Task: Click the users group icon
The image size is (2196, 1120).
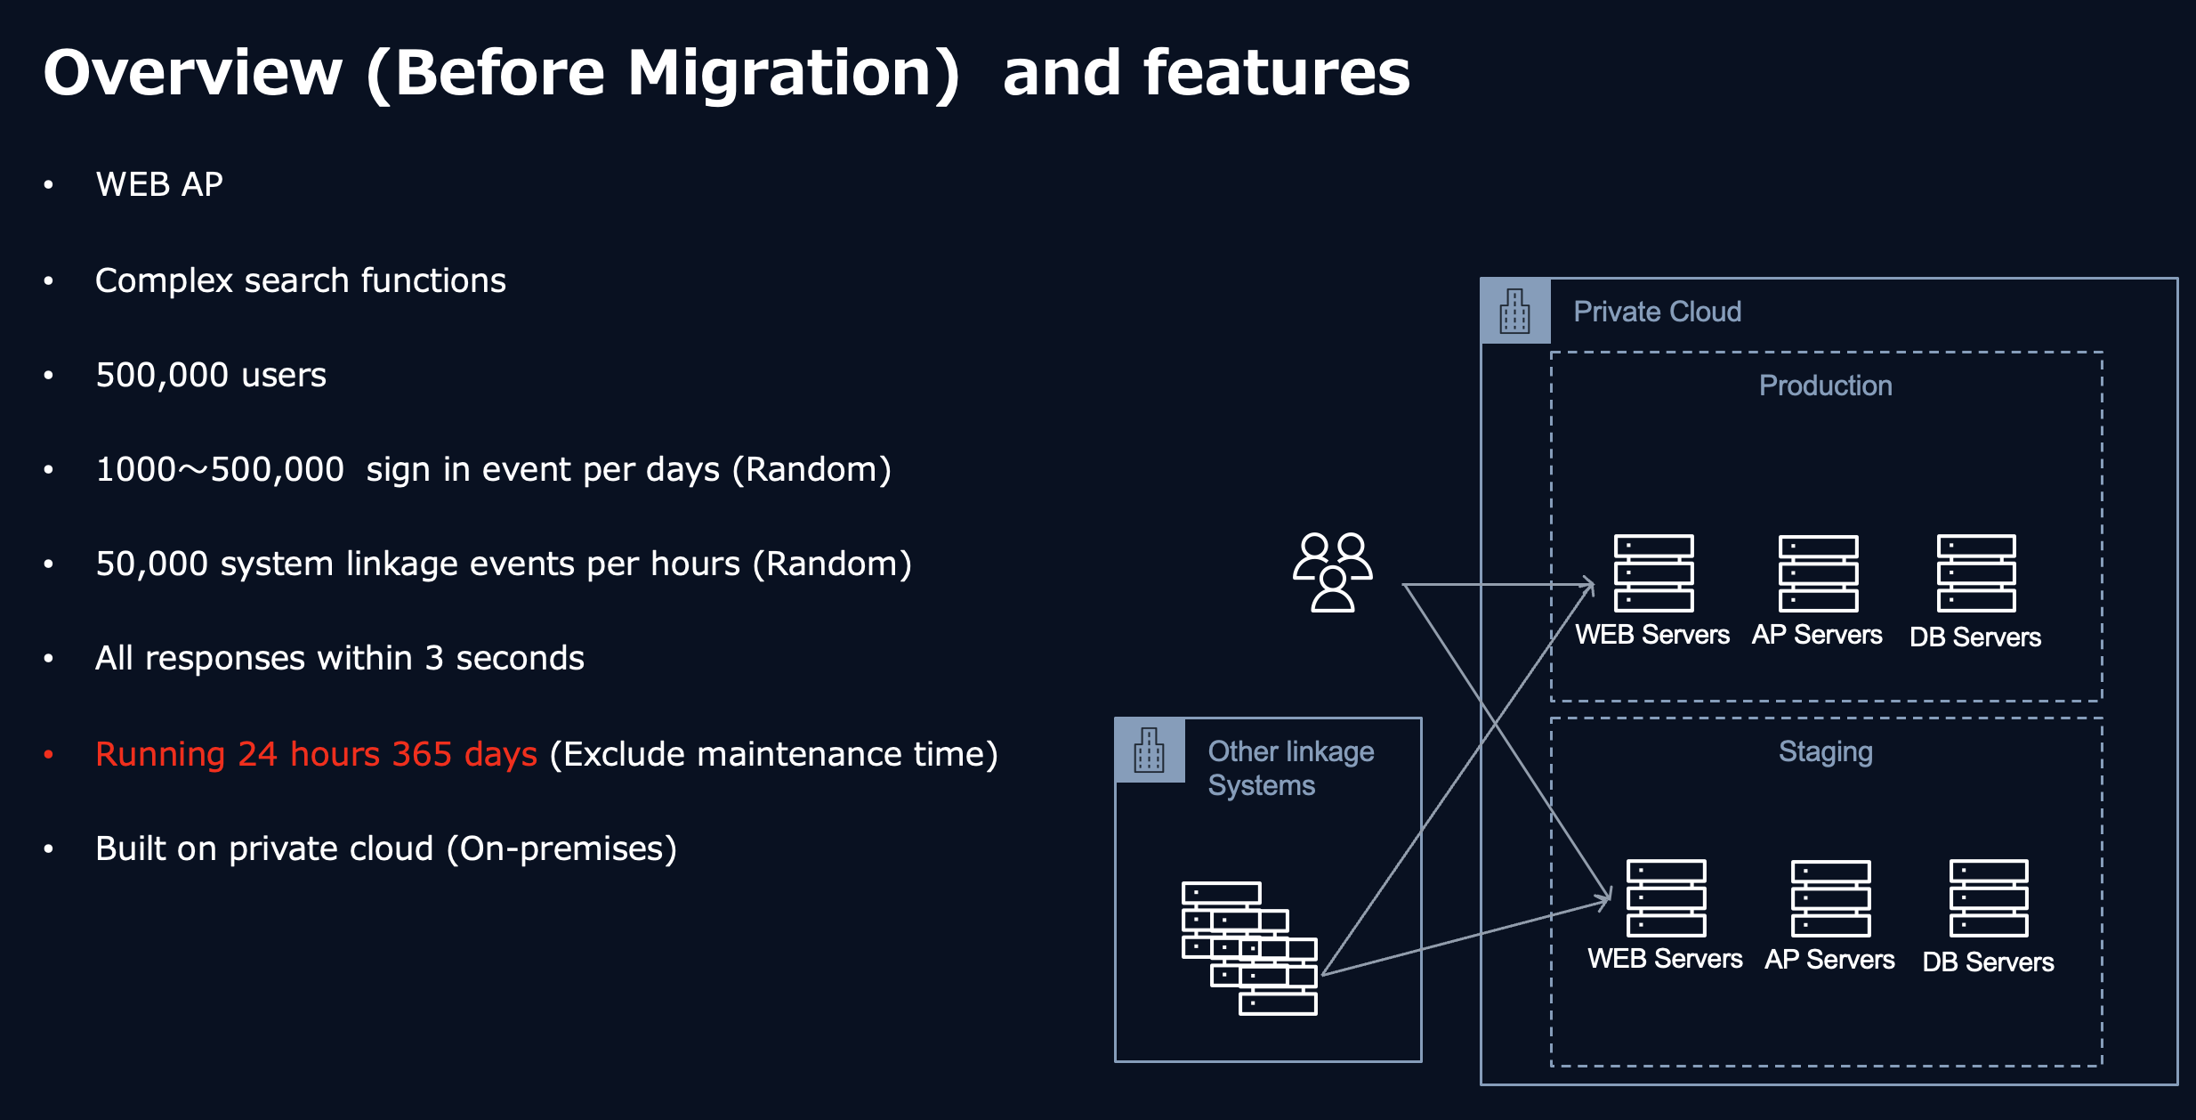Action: tap(1332, 572)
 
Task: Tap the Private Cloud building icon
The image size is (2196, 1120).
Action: tap(1514, 312)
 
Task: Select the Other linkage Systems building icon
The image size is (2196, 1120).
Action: tap(1149, 751)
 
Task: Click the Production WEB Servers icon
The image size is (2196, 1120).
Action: tap(1654, 573)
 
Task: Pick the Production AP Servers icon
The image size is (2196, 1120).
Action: tap(1818, 573)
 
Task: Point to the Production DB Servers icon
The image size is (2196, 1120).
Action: tap(1976, 573)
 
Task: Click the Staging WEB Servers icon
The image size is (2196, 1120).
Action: tap(1667, 898)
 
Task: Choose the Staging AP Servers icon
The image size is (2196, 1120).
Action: tap(1830, 898)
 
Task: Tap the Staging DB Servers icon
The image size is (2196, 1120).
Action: tap(1989, 898)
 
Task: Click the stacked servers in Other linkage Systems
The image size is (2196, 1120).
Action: tap(1249, 948)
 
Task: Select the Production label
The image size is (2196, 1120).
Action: tap(1826, 386)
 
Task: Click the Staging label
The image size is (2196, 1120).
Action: tap(1826, 753)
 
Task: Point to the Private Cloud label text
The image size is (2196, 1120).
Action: tap(1658, 312)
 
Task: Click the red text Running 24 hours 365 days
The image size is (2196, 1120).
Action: tap(316, 754)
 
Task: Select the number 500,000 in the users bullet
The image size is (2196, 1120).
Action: tap(162, 375)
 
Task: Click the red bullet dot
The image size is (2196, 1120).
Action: tap(49, 755)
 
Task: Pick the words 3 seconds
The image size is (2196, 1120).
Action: tap(505, 658)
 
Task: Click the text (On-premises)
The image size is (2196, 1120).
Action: tap(561, 848)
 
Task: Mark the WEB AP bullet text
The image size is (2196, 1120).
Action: tap(159, 184)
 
